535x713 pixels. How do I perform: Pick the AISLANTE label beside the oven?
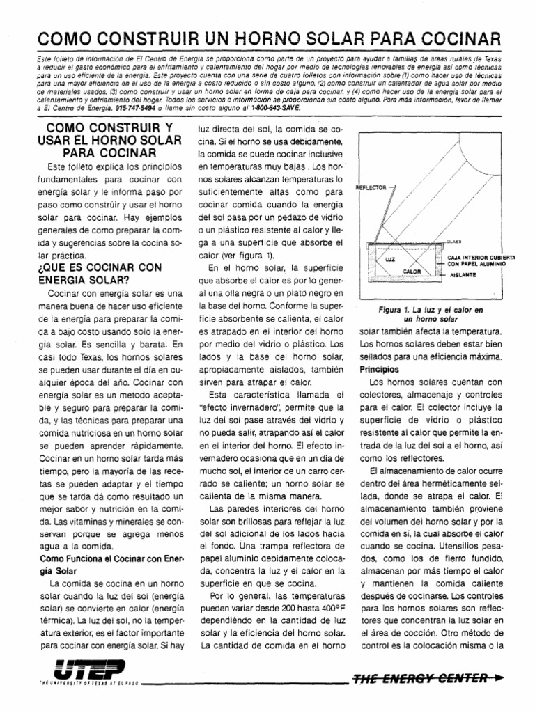click(x=463, y=275)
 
